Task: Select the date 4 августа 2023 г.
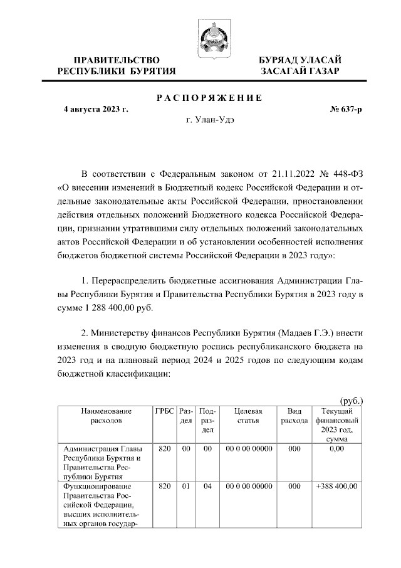click(x=96, y=109)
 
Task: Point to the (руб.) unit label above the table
click(x=352, y=399)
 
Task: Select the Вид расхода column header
click(x=294, y=416)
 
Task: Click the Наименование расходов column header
click(x=106, y=416)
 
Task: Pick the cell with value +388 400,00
click(x=336, y=486)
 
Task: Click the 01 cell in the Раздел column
click(x=185, y=486)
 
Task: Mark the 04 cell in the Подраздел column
click(x=207, y=486)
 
